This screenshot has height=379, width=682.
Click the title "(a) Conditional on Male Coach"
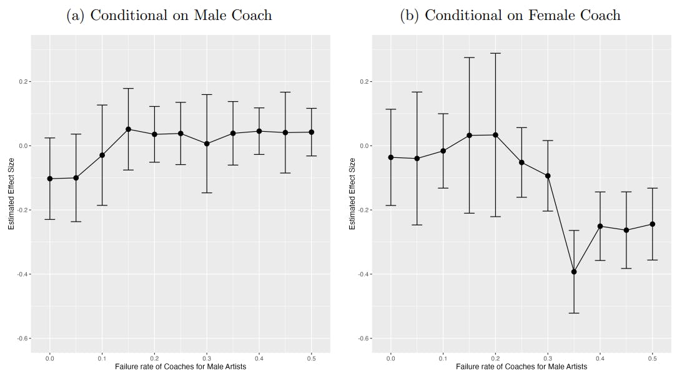[x=169, y=16]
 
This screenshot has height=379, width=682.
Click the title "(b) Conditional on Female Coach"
[x=510, y=16]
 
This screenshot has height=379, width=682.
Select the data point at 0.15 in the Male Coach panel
[x=128, y=129]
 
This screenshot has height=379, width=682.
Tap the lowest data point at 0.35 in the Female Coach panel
[x=574, y=272]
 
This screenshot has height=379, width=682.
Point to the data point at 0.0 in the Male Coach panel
[x=50, y=179]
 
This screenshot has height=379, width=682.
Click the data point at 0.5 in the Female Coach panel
[x=652, y=224]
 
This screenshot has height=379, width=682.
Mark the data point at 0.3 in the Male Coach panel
[x=207, y=144]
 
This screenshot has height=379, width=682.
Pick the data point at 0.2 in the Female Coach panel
[x=495, y=135]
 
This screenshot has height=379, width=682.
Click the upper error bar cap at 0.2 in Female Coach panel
[x=495, y=53]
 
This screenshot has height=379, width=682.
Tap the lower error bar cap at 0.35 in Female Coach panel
[x=574, y=313]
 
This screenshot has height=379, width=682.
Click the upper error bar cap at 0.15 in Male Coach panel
[x=128, y=89]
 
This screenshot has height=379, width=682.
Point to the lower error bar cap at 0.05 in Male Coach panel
[x=76, y=222]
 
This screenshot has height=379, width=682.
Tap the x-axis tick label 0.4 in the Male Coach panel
[x=259, y=358]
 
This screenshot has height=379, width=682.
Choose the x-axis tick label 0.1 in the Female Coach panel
[x=443, y=358]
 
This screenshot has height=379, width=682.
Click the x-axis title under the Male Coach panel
[x=180, y=367]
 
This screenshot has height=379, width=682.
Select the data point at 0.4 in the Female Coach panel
[x=600, y=226]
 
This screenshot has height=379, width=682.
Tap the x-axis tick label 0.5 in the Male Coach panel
[x=311, y=358]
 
